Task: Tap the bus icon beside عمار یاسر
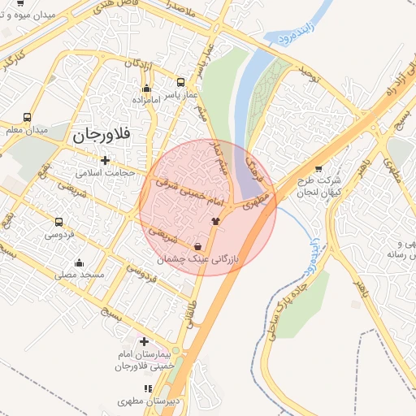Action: (180, 82)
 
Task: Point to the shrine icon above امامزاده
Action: (146, 88)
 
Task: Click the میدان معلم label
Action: (27, 130)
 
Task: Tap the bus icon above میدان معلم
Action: (28, 117)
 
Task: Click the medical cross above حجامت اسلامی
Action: (104, 160)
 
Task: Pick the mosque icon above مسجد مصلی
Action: (79, 263)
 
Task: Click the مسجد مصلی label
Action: (80, 275)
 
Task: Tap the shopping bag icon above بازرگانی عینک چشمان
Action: (198, 246)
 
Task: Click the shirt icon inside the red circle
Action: (215, 220)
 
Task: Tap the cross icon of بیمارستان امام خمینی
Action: (145, 342)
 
